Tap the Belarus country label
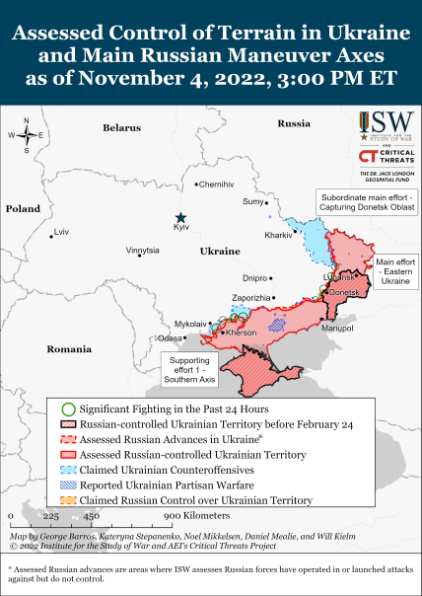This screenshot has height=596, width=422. pyautogui.click(x=122, y=128)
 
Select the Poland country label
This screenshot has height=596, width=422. pyautogui.click(x=22, y=209)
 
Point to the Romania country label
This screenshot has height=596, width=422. pyautogui.click(x=69, y=349)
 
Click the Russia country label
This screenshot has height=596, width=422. pyautogui.click(x=293, y=123)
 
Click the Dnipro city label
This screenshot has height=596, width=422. pyautogui.click(x=254, y=278)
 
